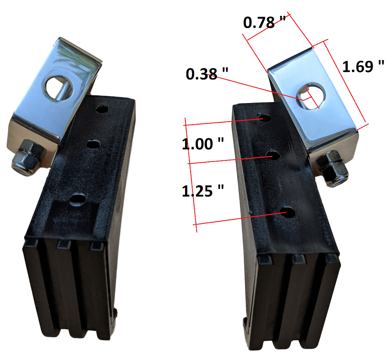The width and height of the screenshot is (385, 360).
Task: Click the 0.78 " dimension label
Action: pos(264,22)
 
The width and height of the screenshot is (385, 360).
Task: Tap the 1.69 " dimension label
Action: pos(363,67)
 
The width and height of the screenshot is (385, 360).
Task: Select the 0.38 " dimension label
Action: pos(207,74)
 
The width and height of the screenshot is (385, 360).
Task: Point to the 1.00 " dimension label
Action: pos(203,144)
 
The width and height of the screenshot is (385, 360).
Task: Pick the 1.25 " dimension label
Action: pos(203,191)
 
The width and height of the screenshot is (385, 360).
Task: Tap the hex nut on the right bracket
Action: pos(332,168)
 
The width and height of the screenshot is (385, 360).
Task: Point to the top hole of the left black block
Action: pos(102,109)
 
